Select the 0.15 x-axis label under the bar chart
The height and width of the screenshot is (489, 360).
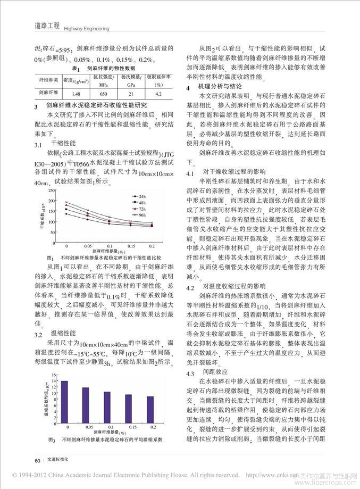pyautogui.click(x=129, y=427)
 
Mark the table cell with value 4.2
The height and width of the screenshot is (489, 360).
pyautogui.click(x=158, y=94)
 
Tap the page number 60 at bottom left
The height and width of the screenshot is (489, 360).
pyautogui.click(x=37, y=460)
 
